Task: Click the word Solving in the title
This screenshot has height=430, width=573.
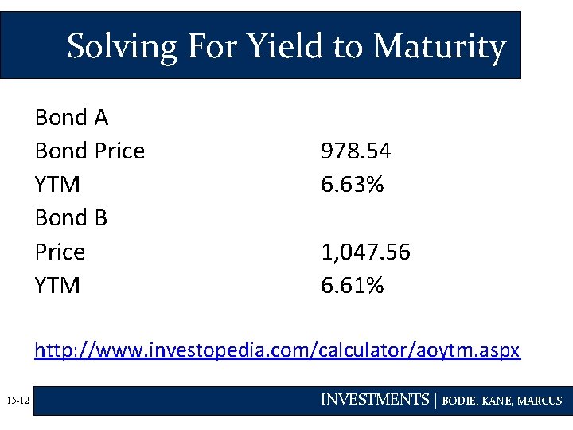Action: click(x=122, y=47)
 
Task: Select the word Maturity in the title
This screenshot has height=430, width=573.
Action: click(x=439, y=46)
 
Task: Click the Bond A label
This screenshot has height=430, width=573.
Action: click(x=72, y=118)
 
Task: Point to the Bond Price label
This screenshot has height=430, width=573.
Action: click(x=90, y=151)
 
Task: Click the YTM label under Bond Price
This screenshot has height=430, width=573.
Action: click(x=57, y=185)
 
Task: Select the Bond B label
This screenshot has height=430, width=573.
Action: click(x=71, y=218)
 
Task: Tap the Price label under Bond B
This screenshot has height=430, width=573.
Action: click(x=60, y=252)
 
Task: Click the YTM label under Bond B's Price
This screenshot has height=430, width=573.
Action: click(x=57, y=285)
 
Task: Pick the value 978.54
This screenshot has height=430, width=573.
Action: click(x=356, y=151)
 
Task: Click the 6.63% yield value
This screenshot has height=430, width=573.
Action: click(x=353, y=185)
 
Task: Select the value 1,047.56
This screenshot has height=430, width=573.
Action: click(x=365, y=252)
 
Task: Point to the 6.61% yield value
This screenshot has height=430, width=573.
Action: click(x=353, y=285)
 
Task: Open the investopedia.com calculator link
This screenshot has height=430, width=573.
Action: click(x=277, y=350)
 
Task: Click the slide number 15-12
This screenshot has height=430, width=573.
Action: click(x=17, y=401)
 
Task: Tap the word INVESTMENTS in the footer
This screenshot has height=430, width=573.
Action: click(x=374, y=400)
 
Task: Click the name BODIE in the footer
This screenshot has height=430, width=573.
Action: click(x=461, y=401)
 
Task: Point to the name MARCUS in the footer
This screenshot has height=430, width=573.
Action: click(x=541, y=401)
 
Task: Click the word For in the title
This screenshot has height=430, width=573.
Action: click(x=210, y=46)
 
